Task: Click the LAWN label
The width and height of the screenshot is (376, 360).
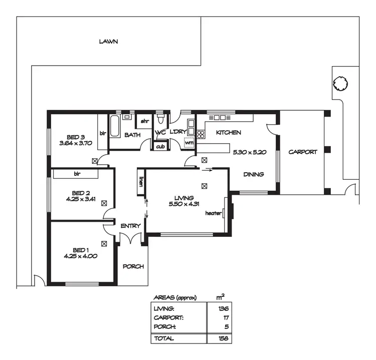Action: [x=108, y=42]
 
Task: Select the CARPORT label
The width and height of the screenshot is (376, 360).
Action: [x=303, y=152]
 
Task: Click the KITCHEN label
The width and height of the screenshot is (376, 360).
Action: [x=228, y=133]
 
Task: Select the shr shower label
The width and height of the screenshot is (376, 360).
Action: [x=144, y=121]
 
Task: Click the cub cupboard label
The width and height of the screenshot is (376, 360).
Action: [x=160, y=146]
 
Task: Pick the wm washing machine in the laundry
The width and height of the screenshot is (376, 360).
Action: [x=189, y=143]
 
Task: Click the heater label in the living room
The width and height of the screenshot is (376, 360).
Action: [x=214, y=213]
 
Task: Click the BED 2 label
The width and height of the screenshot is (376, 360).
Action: [x=81, y=192]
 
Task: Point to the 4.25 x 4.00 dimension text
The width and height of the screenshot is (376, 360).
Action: [x=80, y=256]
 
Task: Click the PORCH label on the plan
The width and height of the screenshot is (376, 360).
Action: [x=133, y=266]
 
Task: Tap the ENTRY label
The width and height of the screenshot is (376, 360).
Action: [x=130, y=226]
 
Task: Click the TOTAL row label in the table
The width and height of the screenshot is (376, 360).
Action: [x=164, y=338]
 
